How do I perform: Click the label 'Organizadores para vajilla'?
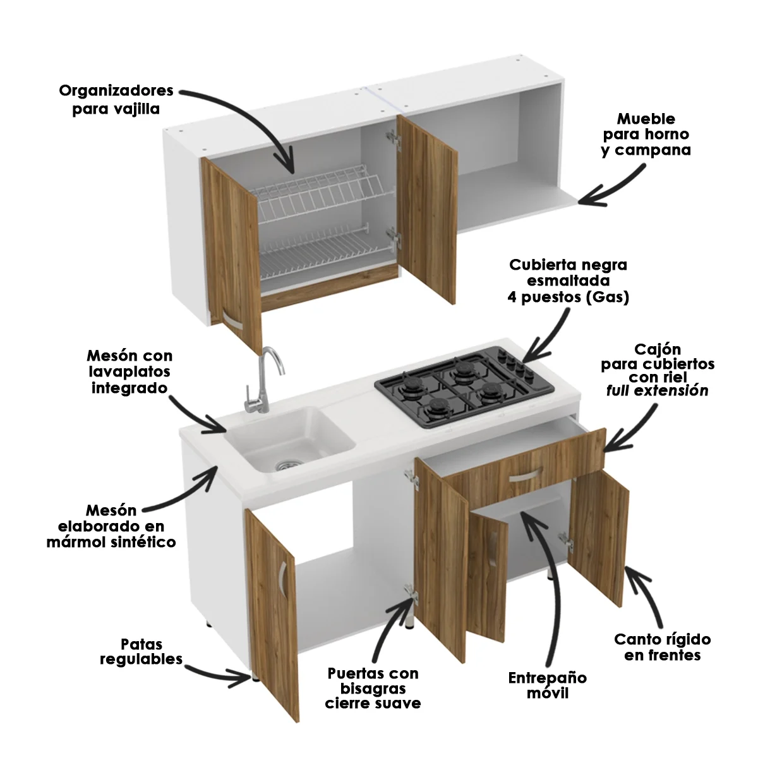pyautogui.click(x=116, y=100)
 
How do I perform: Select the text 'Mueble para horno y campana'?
pyautogui.click(x=646, y=135)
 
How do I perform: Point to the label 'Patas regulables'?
pyautogui.click(x=141, y=652)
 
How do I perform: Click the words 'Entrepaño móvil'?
pyautogui.click(x=547, y=685)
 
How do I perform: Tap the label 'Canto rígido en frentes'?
pyautogui.click(x=662, y=647)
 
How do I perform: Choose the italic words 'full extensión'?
pyautogui.click(x=657, y=390)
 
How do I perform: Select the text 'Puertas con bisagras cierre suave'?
pyautogui.click(x=373, y=689)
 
